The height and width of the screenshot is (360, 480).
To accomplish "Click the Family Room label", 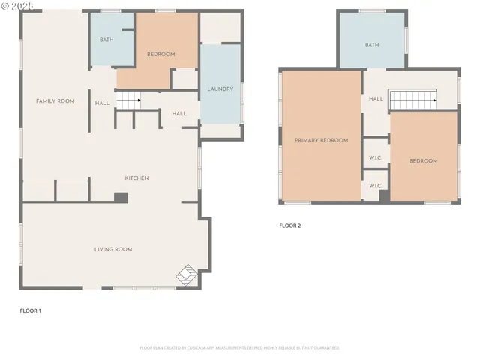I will [x=55, y=100].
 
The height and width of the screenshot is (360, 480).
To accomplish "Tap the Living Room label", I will [x=113, y=249].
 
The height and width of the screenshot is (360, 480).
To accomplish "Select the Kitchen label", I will [x=136, y=178].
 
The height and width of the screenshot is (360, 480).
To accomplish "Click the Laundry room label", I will [x=220, y=89].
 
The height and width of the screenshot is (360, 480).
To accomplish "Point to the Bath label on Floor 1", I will [x=106, y=40].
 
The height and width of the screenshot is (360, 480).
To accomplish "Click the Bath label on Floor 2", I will [x=372, y=45].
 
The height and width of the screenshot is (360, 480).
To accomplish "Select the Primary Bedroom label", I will [x=321, y=140].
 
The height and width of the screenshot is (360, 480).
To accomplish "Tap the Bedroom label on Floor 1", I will [x=160, y=54].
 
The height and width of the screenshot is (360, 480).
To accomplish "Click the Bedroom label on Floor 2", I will [x=423, y=161].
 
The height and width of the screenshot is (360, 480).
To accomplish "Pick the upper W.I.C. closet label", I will [x=376, y=158].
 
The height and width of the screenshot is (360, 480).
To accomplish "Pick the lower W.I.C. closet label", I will [x=376, y=186].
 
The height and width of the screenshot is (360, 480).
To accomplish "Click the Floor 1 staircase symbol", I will [x=130, y=98].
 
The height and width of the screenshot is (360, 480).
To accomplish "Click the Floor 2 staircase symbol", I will [x=413, y=99].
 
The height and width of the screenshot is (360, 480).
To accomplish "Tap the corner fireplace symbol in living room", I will [x=187, y=275].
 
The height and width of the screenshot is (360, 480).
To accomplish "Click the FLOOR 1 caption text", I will [x=31, y=310].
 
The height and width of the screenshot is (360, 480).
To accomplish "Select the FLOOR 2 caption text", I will [x=289, y=225].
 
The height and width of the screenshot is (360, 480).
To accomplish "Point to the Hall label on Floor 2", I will [x=376, y=98].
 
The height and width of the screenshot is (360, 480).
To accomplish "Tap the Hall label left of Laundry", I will [x=179, y=114].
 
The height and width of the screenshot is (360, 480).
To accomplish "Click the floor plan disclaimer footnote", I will [x=239, y=348].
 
